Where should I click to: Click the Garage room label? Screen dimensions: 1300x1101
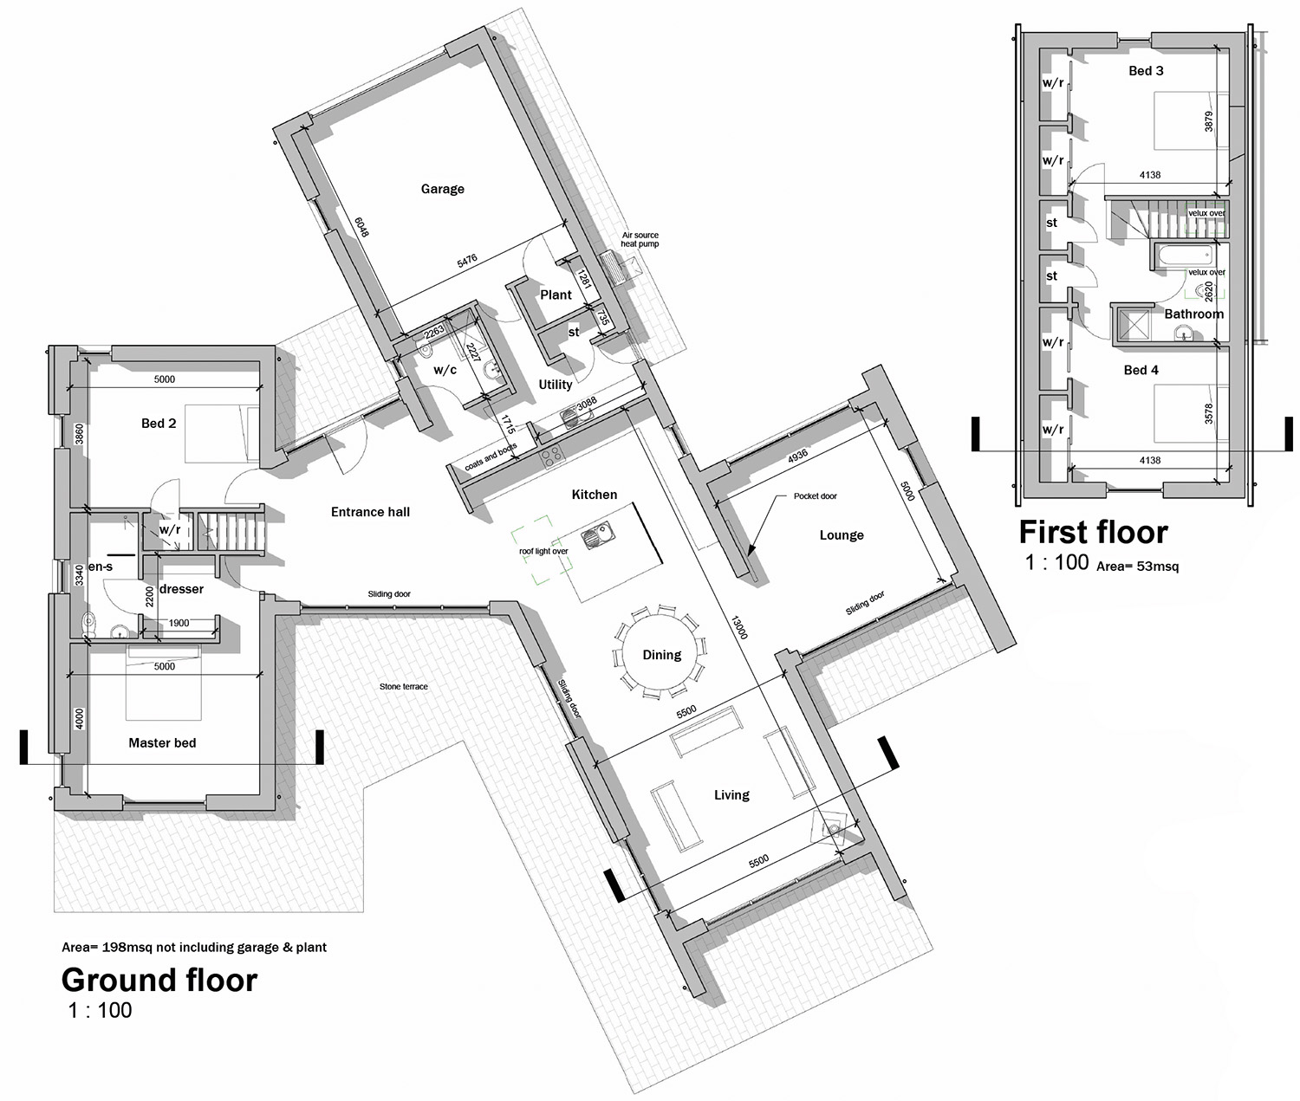(442, 189)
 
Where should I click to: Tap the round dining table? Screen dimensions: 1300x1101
(660, 654)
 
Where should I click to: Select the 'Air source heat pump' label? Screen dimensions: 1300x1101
(640, 239)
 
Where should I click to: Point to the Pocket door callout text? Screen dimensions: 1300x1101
(815, 496)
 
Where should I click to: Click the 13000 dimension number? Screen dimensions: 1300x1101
(739, 626)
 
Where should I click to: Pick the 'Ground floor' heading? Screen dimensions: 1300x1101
(159, 980)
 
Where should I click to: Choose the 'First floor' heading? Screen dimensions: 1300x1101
(1093, 532)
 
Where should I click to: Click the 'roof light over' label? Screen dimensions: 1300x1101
(543, 552)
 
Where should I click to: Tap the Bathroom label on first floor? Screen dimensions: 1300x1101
(1193, 314)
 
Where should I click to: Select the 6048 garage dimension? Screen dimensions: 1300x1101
(361, 227)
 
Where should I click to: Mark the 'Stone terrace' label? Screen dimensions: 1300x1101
(403, 687)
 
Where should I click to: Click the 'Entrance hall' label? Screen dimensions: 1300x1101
(370, 512)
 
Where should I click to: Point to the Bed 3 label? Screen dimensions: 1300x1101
(1146, 71)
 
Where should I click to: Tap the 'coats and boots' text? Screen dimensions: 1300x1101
(491, 457)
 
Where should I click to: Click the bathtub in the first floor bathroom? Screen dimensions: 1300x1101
(1182, 256)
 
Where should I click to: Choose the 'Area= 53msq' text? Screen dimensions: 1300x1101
(1137, 566)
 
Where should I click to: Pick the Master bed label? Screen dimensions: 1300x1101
(162, 742)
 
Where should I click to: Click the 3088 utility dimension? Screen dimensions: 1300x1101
(586, 403)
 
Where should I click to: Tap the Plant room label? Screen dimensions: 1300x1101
(556, 295)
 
